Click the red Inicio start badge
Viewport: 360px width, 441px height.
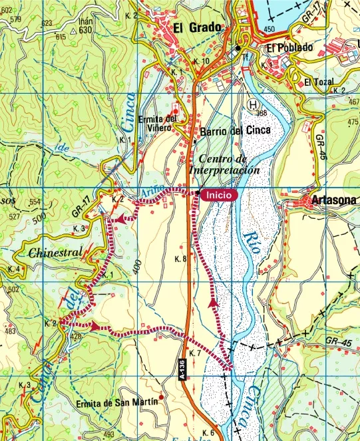pyautogui.click(x=218, y=195)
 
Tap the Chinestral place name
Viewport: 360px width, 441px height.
pyautogui.click(x=55, y=253)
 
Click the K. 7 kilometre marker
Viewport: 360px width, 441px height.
pyautogui.click(x=194, y=353)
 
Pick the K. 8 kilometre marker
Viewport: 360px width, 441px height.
pyautogui.click(x=180, y=258)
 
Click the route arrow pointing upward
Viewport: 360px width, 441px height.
pyautogui.click(x=213, y=303)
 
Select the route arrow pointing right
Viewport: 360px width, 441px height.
pyautogui.click(x=95, y=326)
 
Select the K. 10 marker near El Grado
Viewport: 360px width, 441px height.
pyautogui.click(x=201, y=61)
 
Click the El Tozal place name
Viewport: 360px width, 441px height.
pyautogui.click(x=317, y=82)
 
